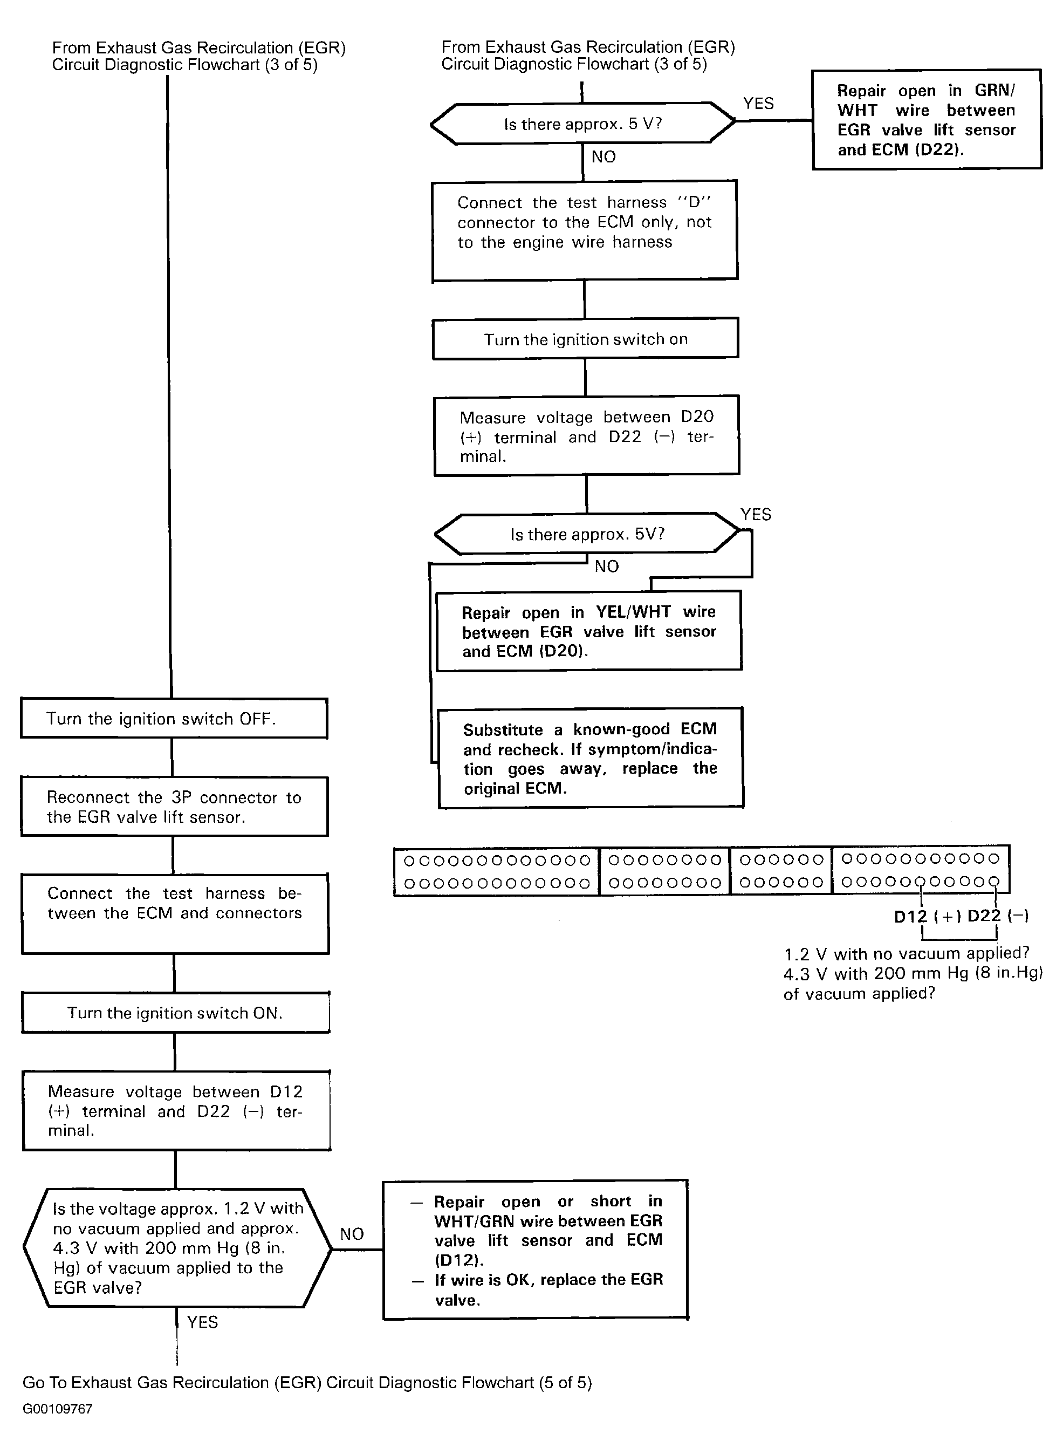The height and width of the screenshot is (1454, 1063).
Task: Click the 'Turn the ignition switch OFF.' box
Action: tap(174, 718)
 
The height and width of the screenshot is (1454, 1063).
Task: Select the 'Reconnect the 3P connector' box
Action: tap(174, 807)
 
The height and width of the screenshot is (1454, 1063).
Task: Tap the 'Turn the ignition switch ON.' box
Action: tap(176, 1013)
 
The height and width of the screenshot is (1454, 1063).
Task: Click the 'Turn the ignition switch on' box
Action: tap(586, 339)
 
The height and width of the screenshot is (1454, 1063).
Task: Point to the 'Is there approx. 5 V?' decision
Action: tap(582, 123)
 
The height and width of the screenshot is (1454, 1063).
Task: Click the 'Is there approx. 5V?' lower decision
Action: tap(587, 534)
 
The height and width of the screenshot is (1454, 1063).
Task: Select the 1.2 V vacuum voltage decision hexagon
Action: tap(177, 1248)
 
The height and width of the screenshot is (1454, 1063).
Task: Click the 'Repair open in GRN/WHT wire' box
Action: tap(927, 120)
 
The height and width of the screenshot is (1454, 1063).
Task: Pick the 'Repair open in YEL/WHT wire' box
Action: tap(589, 631)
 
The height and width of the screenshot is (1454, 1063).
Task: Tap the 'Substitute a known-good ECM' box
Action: tap(591, 757)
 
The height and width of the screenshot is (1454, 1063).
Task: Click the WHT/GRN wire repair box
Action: tap(536, 1250)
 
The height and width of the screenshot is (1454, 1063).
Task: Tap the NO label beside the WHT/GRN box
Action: tap(352, 1234)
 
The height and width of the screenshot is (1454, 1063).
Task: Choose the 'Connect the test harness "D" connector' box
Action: tap(584, 231)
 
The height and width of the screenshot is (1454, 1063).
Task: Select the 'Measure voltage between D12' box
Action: tap(176, 1111)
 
